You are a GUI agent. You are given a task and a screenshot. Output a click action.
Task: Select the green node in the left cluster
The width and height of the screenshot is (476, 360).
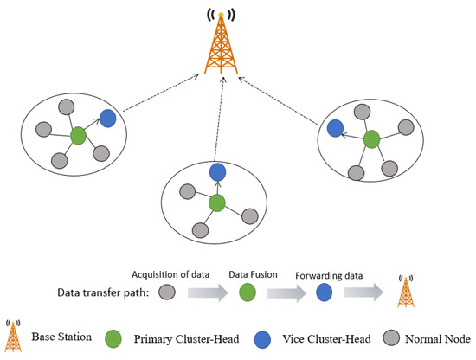point(78,135)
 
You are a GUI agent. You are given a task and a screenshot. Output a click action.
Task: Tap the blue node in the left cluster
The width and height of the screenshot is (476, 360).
point(107,119)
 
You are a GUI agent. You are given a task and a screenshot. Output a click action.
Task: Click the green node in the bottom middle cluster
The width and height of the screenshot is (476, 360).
point(217,203)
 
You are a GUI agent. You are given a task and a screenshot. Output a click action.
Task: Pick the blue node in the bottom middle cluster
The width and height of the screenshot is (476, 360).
point(217,172)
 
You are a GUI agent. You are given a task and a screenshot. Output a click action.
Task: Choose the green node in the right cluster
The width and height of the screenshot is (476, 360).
point(372,138)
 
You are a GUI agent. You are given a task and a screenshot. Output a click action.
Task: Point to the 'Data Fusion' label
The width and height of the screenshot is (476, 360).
point(251,272)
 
